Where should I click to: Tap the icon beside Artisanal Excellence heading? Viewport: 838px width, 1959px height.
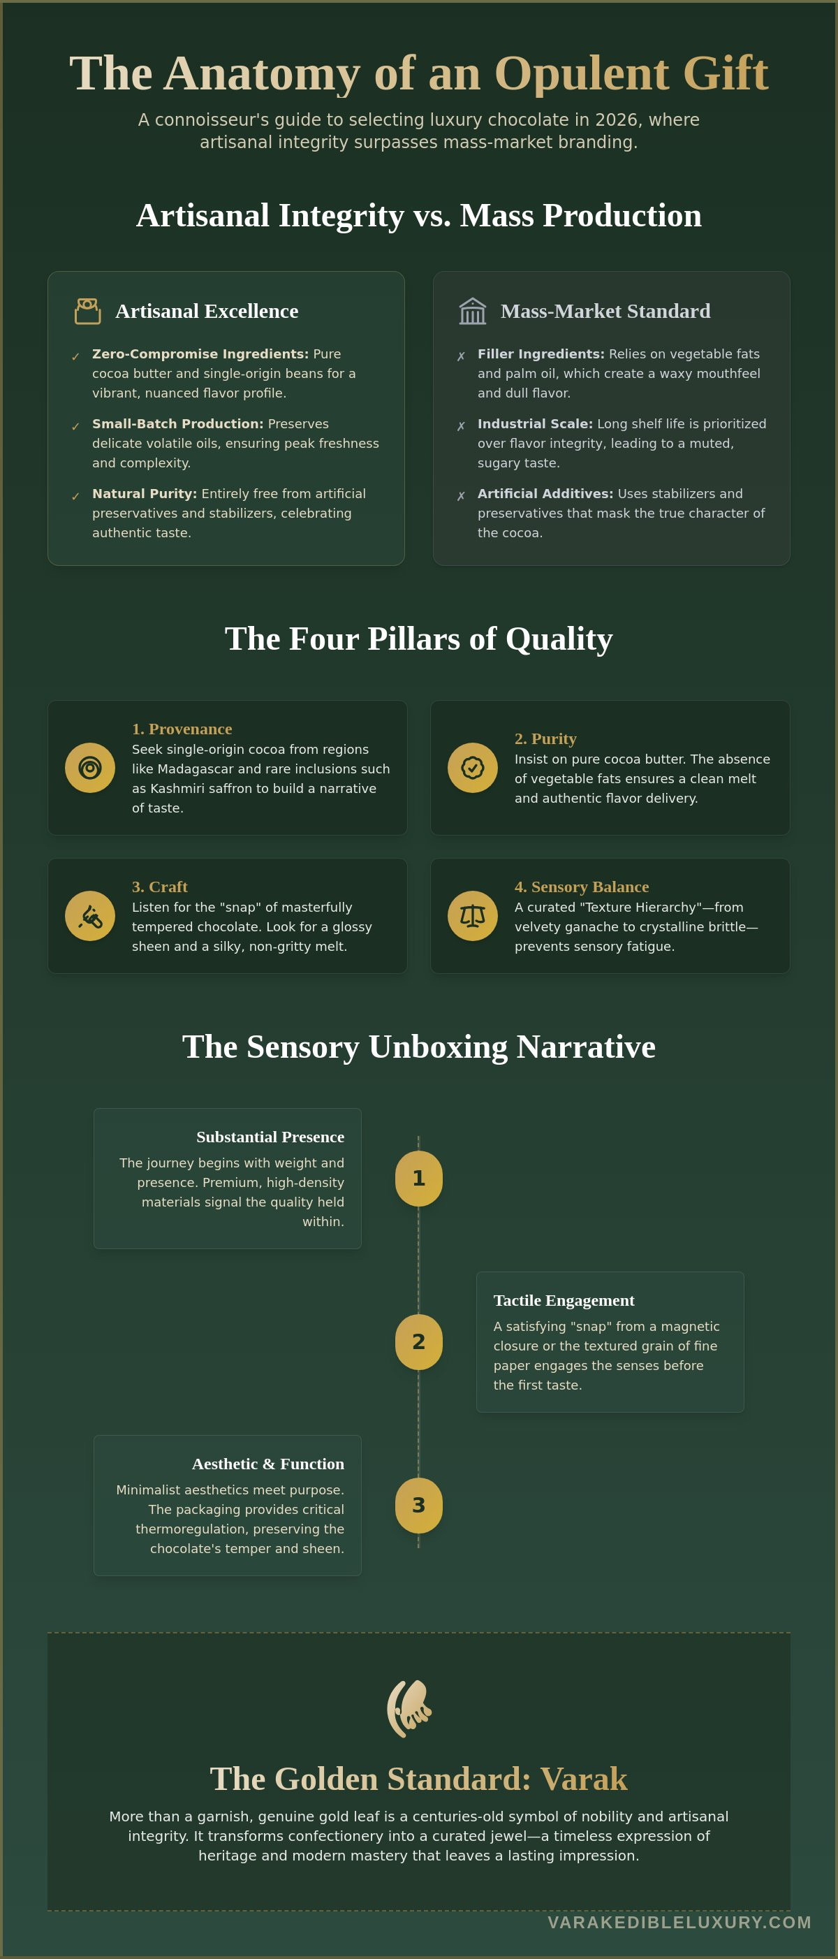tap(87, 311)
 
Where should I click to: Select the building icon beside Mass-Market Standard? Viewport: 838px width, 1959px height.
tap(472, 311)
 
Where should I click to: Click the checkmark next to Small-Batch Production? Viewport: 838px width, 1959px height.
tap(75, 427)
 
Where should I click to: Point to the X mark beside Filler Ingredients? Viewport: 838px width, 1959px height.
tap(461, 357)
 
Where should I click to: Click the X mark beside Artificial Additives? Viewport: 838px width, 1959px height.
tap(461, 497)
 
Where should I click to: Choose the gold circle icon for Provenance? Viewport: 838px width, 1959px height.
tap(89, 768)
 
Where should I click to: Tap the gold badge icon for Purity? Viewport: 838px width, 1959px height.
tap(472, 768)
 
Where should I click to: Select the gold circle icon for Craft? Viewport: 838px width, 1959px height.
tap(89, 916)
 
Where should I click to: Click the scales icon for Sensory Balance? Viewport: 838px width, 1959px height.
tap(472, 916)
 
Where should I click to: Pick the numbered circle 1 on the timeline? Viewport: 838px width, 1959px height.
tap(418, 1178)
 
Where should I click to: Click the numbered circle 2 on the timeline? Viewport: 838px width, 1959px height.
tap(418, 1341)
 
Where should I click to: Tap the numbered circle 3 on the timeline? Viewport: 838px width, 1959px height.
tap(418, 1505)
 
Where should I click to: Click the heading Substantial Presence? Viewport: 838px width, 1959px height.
tap(270, 1137)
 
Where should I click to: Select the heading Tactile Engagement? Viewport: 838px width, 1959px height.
tap(564, 1300)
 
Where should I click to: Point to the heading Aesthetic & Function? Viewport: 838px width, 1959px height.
tap(267, 1464)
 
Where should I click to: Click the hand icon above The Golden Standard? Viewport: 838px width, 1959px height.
tap(409, 1709)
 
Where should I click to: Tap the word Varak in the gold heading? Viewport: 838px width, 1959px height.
tap(583, 1779)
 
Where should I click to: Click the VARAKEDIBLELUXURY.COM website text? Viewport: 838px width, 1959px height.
tap(679, 1923)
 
